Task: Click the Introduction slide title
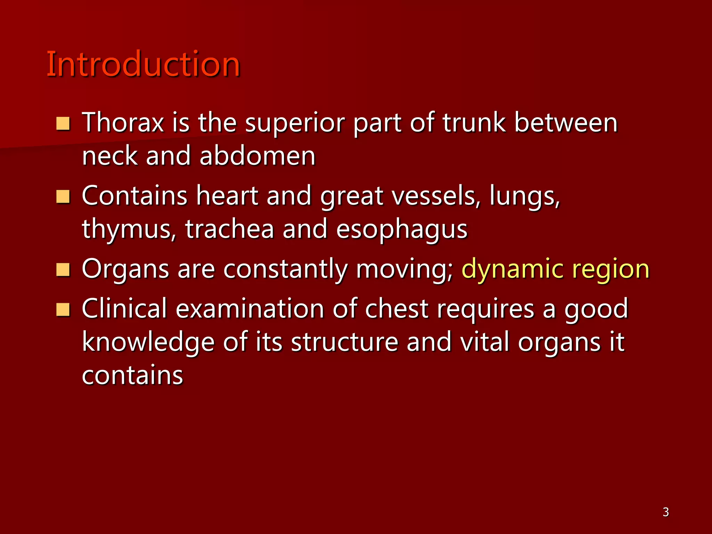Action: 143,64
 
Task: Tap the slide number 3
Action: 665,512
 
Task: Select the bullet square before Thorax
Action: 63,124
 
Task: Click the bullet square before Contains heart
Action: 63,197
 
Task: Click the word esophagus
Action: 402,229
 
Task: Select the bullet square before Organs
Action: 63,270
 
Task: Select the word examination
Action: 250,309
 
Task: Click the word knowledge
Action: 148,342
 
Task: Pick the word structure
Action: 345,342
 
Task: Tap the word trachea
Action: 229,229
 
